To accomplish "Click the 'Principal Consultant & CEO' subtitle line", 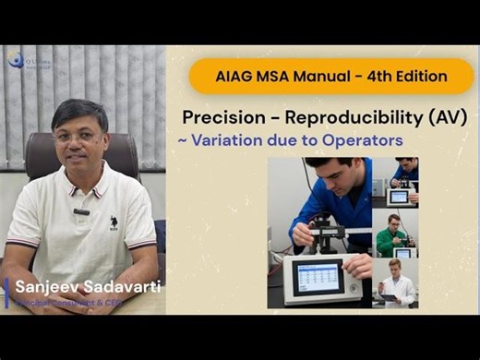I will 83,303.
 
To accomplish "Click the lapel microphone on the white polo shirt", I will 81,211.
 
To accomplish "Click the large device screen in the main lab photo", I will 318,278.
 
